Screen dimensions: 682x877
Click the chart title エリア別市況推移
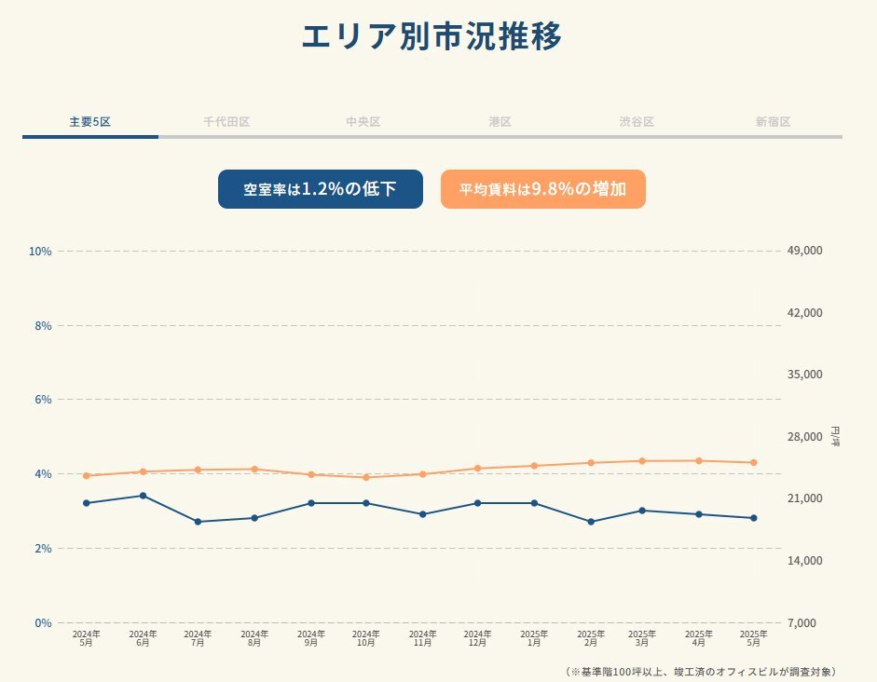(x=432, y=37)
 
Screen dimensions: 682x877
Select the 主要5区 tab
(x=89, y=122)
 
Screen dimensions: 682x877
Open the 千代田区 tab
(x=226, y=122)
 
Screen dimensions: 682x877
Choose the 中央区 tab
(x=363, y=122)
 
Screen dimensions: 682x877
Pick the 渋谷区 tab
(x=637, y=122)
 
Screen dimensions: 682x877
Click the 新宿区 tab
(x=773, y=122)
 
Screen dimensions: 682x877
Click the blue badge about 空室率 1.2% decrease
(x=321, y=189)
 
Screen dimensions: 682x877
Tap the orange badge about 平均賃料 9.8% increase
(x=542, y=189)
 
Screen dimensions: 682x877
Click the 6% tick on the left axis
(x=43, y=400)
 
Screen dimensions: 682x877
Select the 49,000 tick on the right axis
(x=805, y=252)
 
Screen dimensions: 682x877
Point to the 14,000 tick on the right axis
(x=805, y=561)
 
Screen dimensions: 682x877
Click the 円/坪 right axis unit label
(x=834, y=436)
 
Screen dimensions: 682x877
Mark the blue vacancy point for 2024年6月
(x=143, y=496)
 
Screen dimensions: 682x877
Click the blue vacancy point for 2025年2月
(x=591, y=522)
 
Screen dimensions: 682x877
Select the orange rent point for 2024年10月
(x=366, y=477)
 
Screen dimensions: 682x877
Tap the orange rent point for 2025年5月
(x=753, y=462)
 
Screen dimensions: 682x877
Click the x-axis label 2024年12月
(x=478, y=637)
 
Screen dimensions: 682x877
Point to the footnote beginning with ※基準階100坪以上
(x=700, y=671)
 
